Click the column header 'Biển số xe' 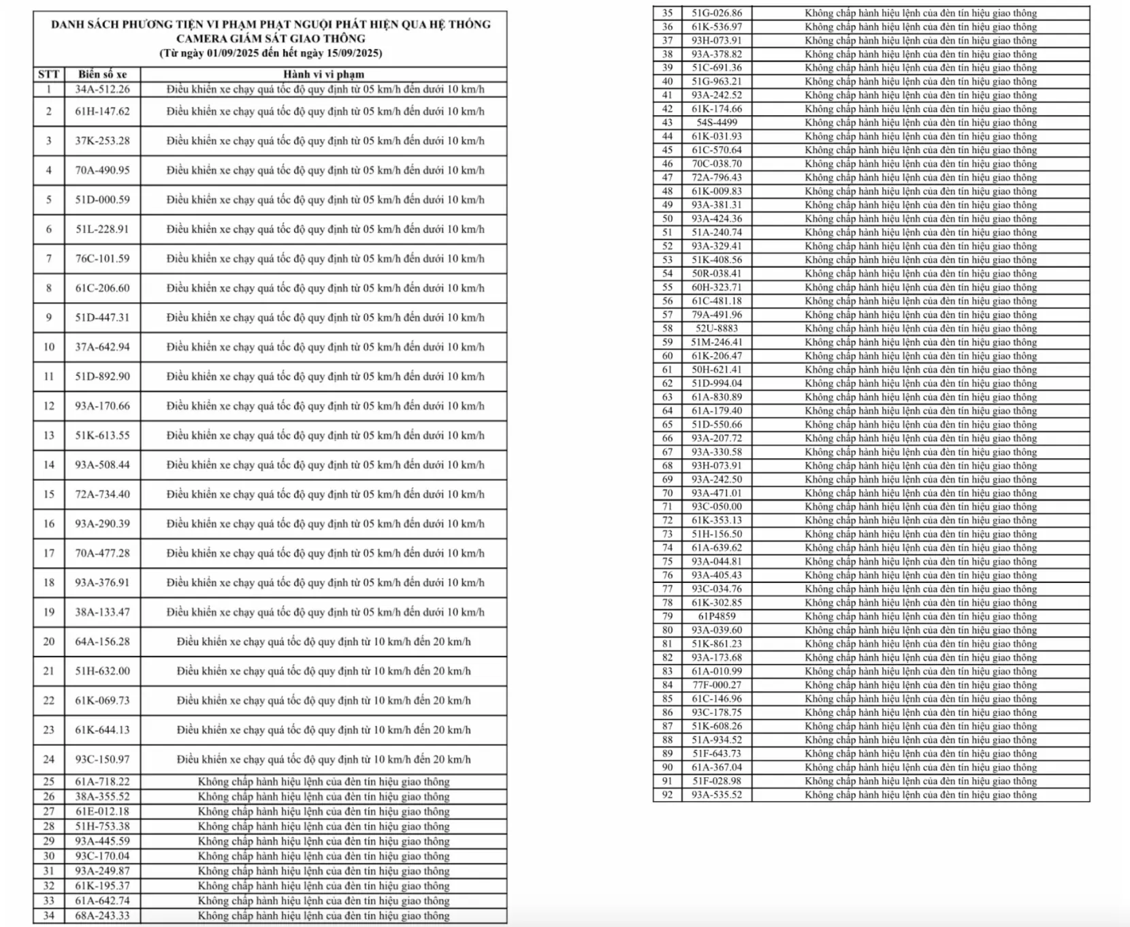(x=102, y=74)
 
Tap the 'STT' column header (x=48, y=74)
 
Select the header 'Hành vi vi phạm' (x=323, y=74)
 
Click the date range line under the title (x=270, y=53)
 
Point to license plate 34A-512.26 (x=102, y=89)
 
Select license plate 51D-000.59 (x=102, y=200)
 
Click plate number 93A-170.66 (x=102, y=406)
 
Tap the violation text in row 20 (x=323, y=642)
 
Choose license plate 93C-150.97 (x=102, y=759)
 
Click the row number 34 (x=48, y=915)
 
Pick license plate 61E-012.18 (x=102, y=811)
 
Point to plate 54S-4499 (x=717, y=123)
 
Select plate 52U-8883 (x=717, y=328)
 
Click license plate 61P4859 (x=717, y=616)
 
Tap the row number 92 (x=667, y=795)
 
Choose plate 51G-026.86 (x=717, y=13)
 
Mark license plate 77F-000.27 (x=717, y=685)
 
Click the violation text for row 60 (x=920, y=356)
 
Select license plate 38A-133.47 (x=102, y=612)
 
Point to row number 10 (x=48, y=347)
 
